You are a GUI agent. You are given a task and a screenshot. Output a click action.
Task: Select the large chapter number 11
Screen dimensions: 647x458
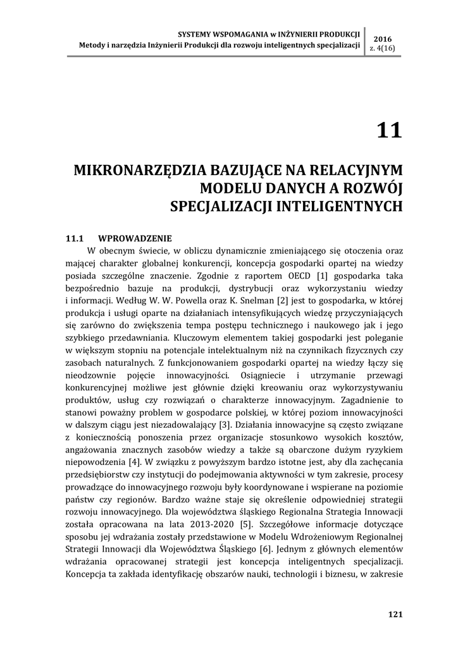pos(389,130)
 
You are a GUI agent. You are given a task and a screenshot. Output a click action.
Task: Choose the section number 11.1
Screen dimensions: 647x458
pos(75,239)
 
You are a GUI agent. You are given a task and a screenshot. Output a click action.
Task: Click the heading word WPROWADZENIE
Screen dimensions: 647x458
pos(135,239)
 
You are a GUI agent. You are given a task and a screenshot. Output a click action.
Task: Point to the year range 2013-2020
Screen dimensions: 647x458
pos(207,524)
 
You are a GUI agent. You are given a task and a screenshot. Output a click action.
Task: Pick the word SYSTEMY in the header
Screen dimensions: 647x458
pos(194,33)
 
